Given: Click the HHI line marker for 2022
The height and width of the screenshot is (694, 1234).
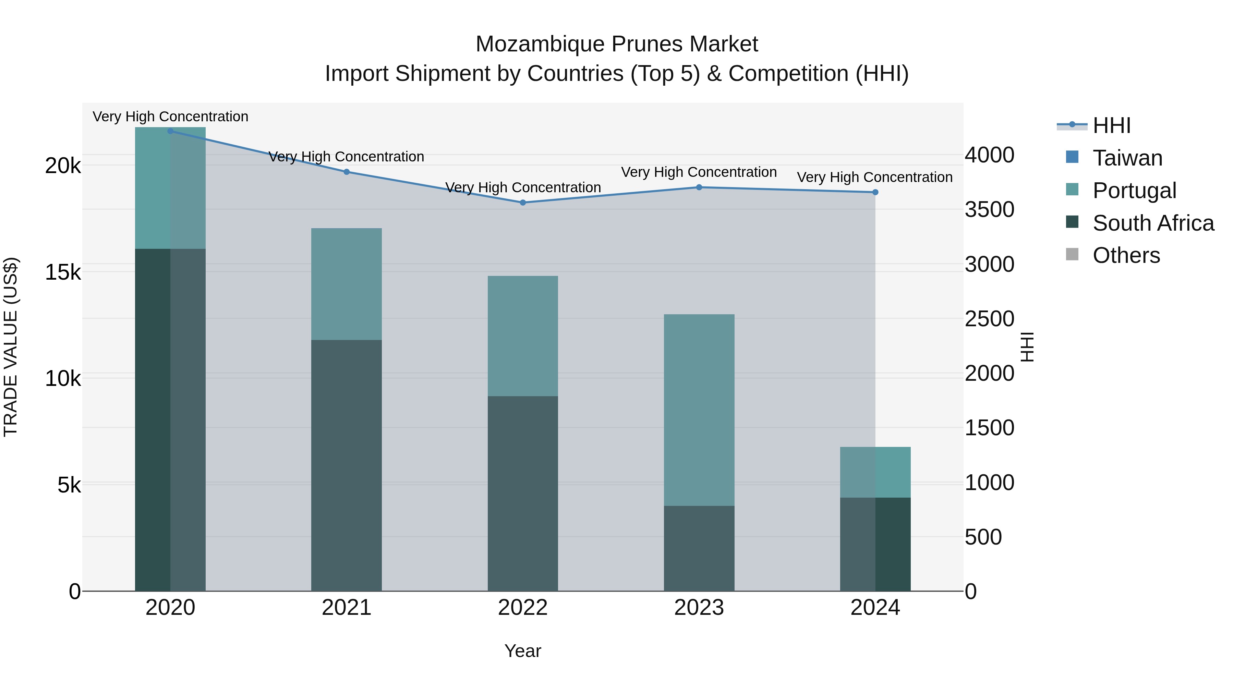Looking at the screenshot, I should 523,203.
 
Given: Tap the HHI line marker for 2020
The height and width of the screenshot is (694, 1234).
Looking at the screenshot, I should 171,131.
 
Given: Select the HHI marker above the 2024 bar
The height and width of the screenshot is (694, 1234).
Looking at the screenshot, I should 875,192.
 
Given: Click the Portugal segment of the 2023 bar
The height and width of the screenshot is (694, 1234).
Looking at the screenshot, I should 699,410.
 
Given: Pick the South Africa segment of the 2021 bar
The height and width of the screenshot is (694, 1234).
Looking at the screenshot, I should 346,465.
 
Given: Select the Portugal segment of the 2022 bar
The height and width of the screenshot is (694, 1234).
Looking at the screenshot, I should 523,336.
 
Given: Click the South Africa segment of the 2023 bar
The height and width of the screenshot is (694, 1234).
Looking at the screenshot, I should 699,548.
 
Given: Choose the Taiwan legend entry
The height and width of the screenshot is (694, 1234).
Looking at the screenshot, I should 1127,158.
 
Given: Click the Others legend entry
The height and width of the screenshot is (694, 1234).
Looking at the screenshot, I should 1126,255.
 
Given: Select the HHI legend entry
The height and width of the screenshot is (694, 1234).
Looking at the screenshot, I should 1111,125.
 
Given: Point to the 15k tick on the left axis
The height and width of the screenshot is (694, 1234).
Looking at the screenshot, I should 63,272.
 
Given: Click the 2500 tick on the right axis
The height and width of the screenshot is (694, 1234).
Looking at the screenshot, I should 989,319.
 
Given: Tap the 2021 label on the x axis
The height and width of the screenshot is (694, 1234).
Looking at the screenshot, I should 346,608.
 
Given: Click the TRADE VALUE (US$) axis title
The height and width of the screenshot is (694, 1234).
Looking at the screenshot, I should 11,347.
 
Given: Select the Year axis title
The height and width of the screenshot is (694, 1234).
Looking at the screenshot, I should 523,651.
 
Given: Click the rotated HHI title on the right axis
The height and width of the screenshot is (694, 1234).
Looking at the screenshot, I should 1027,347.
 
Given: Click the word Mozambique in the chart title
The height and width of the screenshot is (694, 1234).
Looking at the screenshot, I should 540,44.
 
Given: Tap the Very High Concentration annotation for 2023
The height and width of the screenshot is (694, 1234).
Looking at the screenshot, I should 699,172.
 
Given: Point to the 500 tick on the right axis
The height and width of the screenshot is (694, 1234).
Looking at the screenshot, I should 983,537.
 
